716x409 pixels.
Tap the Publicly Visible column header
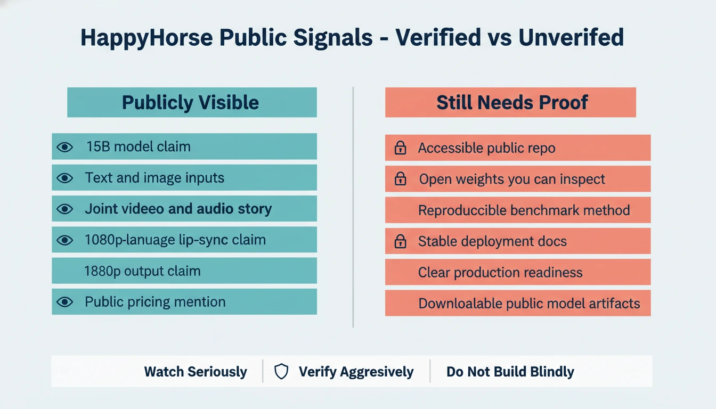[x=191, y=102]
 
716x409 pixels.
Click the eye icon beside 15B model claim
[x=65, y=147]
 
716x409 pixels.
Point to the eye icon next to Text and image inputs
[x=65, y=178]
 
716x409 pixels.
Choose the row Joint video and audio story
[x=184, y=209]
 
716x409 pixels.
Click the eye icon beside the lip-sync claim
[x=65, y=240]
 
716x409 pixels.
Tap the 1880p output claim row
[x=184, y=271]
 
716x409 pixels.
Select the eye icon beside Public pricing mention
[x=65, y=302]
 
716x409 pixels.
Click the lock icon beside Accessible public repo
[x=400, y=148]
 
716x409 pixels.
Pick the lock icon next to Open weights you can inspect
[x=400, y=179]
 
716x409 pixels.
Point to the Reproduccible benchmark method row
[x=518, y=210]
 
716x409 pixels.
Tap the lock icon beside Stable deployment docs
[x=400, y=241]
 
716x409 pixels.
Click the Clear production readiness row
[x=518, y=273]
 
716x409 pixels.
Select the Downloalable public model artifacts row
[x=518, y=304]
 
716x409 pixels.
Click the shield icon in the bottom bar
[x=281, y=371]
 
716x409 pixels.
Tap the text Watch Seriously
[x=196, y=372]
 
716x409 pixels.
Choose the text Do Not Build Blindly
[x=510, y=372]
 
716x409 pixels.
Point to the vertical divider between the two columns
[x=353, y=208]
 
